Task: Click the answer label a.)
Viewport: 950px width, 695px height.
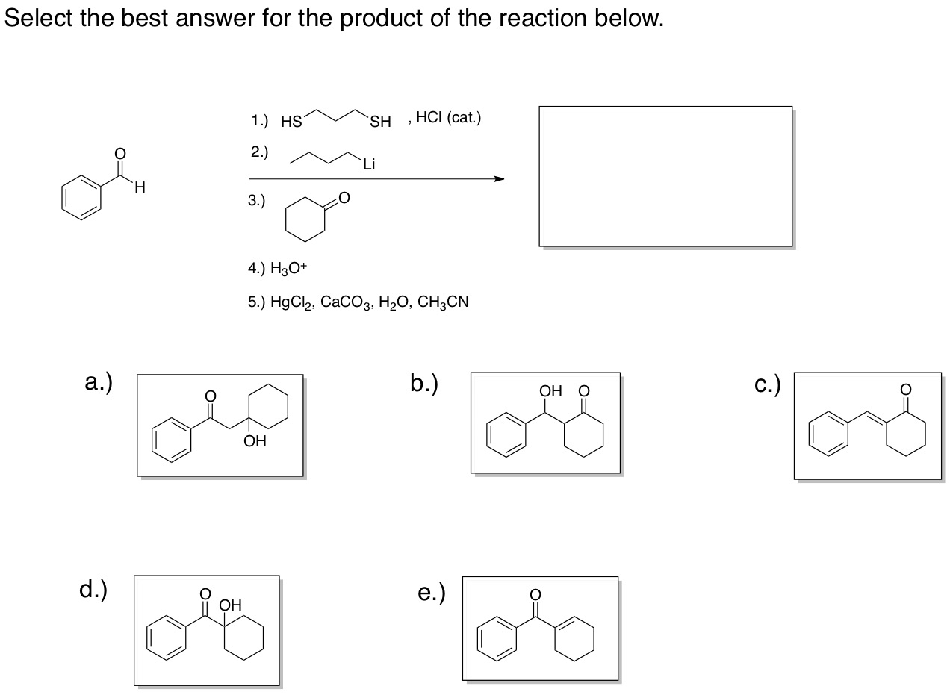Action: (x=99, y=382)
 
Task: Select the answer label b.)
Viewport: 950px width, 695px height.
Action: (x=423, y=382)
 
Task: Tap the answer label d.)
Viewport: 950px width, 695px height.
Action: (x=93, y=590)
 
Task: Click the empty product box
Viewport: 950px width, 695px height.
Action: (x=665, y=175)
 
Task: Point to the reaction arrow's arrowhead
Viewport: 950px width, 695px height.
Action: (x=498, y=179)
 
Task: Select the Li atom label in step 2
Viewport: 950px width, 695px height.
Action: (x=368, y=166)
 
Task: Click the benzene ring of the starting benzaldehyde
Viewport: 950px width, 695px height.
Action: (x=81, y=199)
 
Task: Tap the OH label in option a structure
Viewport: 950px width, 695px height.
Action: (x=255, y=442)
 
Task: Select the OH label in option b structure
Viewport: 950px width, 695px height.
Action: (x=550, y=390)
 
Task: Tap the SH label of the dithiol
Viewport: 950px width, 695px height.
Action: (x=380, y=122)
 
